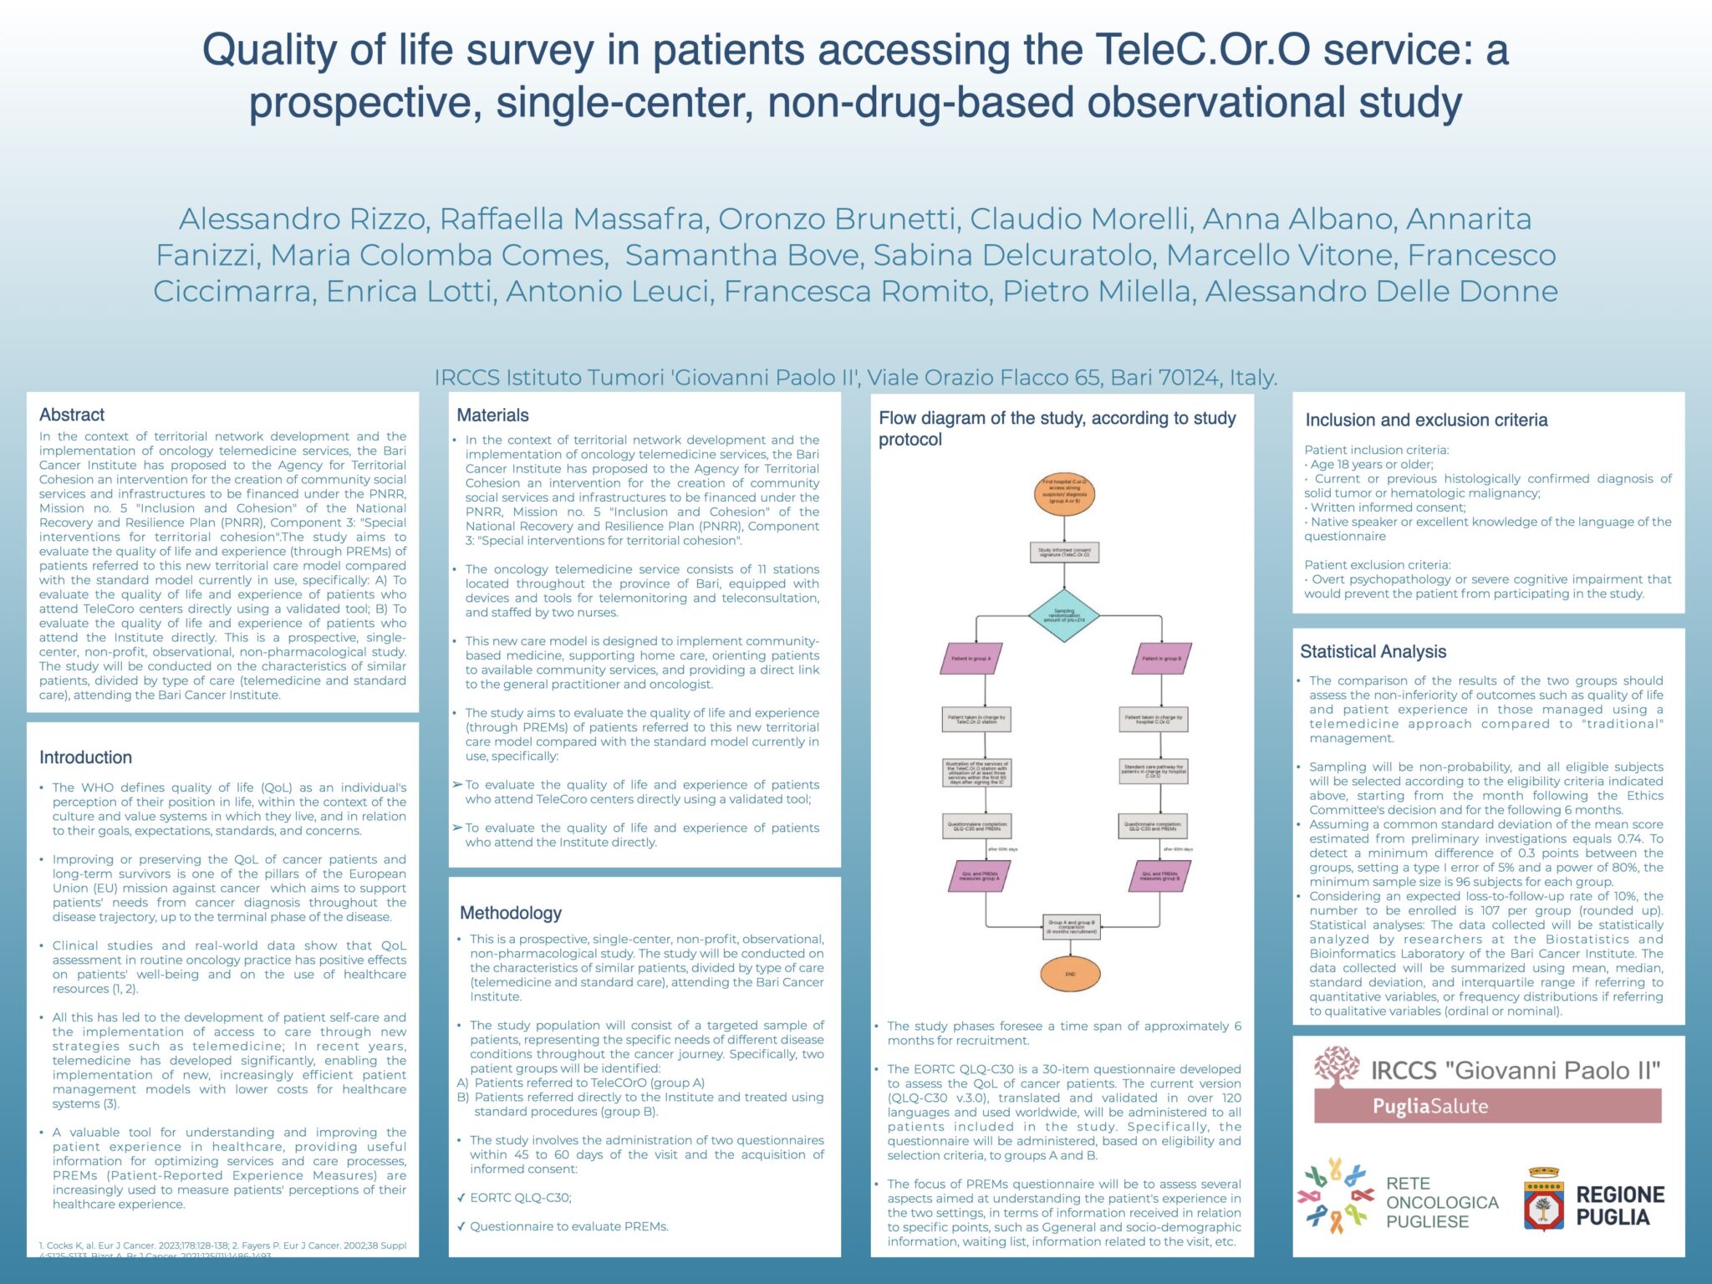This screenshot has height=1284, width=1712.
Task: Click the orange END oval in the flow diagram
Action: tap(1070, 974)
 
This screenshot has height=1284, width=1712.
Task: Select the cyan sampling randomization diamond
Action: tap(1064, 616)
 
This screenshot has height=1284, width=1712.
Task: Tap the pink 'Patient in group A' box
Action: tap(971, 659)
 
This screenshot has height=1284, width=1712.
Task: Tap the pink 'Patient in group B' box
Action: tap(1162, 659)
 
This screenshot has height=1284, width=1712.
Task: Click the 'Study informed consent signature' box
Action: tap(1064, 553)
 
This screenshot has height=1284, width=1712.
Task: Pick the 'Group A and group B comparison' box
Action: tap(1072, 926)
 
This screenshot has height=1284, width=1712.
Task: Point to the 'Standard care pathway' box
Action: tap(1154, 771)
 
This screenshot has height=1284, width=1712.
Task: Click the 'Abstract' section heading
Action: tap(72, 415)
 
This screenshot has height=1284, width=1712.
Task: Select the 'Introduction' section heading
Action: tap(85, 757)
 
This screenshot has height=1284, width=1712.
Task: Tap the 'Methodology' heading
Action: tap(511, 913)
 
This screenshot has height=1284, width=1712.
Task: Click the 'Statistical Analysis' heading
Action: tap(1373, 651)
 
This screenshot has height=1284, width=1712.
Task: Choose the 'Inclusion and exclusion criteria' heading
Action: tap(1426, 420)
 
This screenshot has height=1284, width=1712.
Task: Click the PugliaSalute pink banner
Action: tap(1487, 1106)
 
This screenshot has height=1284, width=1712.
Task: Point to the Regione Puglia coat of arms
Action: tap(1543, 1201)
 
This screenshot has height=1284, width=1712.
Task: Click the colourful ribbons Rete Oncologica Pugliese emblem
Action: tap(1335, 1196)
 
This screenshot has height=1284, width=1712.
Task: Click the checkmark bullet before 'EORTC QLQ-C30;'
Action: tap(461, 1198)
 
